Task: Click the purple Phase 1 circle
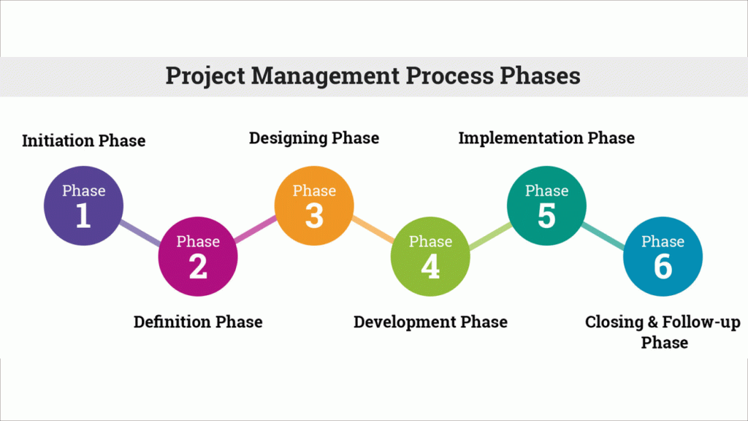83,205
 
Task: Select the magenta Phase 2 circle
198,257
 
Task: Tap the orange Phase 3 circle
314,205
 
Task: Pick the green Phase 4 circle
430,257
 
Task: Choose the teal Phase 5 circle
546,205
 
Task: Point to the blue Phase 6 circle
663,257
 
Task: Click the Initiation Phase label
83,141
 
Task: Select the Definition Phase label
198,322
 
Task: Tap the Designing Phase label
314,138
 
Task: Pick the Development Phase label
430,322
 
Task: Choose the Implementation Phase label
546,138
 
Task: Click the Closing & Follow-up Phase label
663,332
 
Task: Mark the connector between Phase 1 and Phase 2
141,233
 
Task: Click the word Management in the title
325,76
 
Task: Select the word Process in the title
450,76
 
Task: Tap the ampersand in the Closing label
653,322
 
